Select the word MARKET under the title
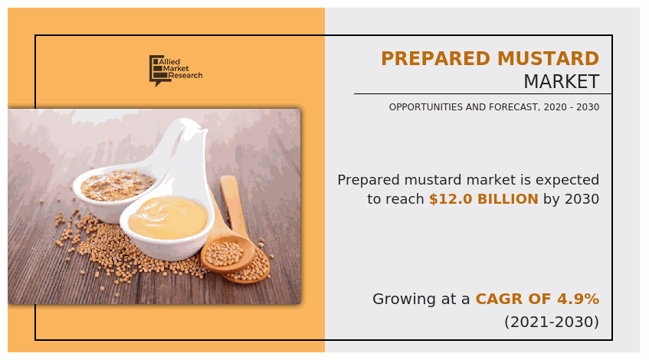(x=561, y=82)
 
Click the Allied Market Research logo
(x=175, y=70)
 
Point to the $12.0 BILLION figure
(x=483, y=199)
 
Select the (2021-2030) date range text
(x=552, y=322)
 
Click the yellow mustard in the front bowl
(x=168, y=217)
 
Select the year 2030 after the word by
(x=582, y=199)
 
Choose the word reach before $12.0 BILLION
(x=404, y=199)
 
